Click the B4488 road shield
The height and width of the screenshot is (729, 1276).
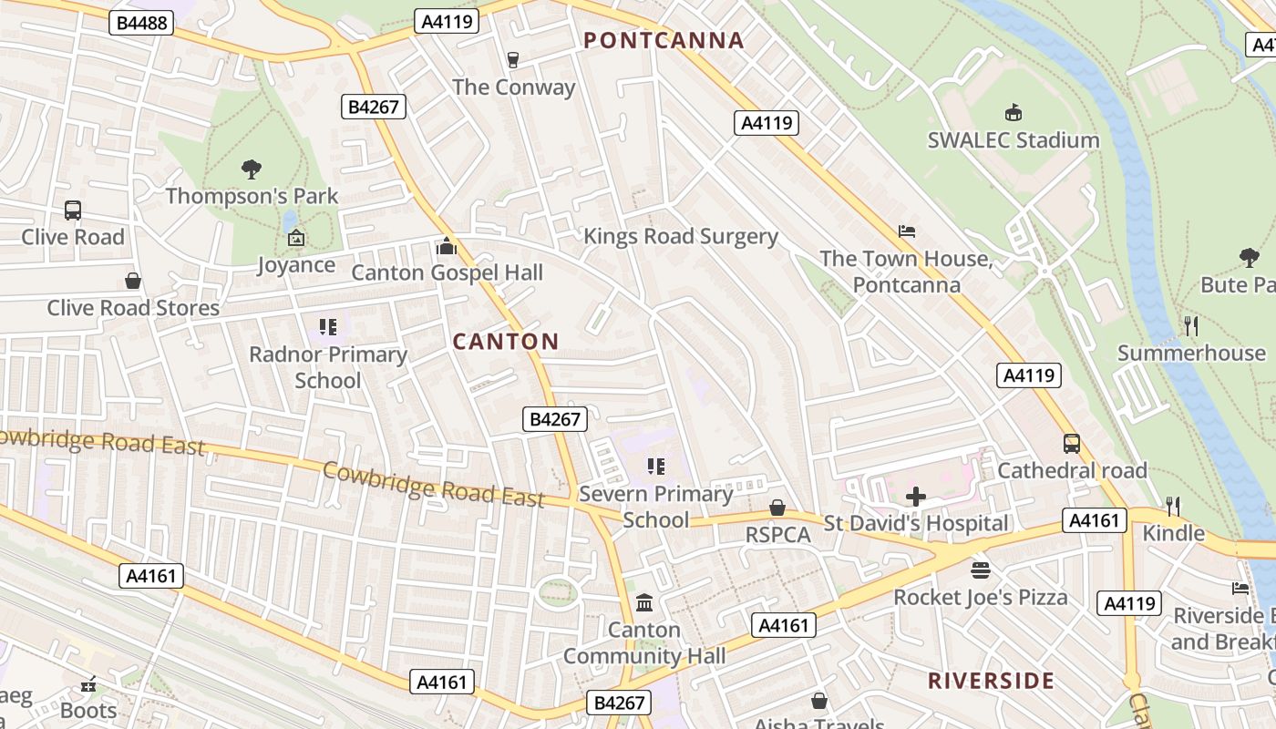pos(141,23)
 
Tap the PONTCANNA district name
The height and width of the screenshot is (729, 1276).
pos(664,40)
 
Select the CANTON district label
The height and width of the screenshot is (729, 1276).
pos(506,342)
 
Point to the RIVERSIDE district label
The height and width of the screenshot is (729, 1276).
pos(991,681)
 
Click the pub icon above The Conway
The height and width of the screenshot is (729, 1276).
pos(512,60)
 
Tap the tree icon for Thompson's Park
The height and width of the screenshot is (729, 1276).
pos(252,169)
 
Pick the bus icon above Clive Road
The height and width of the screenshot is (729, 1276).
pos(73,210)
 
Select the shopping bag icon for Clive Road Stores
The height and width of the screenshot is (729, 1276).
pos(133,281)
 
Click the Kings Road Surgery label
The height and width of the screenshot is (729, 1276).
pos(680,237)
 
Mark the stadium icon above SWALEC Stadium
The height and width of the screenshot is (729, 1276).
pos(1013,113)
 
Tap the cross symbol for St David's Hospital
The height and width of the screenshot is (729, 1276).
pos(916,497)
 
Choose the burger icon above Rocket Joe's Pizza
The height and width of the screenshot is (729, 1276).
pos(981,570)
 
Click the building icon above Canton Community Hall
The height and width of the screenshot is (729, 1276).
pos(644,602)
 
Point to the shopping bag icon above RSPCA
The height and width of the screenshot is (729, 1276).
pos(777,508)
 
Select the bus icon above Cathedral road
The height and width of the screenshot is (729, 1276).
pos(1072,444)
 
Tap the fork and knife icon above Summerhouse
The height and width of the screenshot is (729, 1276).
pos(1190,326)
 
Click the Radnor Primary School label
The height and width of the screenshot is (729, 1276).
pos(327,366)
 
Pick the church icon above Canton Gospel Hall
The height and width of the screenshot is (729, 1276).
pos(447,246)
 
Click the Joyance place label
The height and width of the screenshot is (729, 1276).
pos(296,265)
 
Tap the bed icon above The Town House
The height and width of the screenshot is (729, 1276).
pos(906,231)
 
